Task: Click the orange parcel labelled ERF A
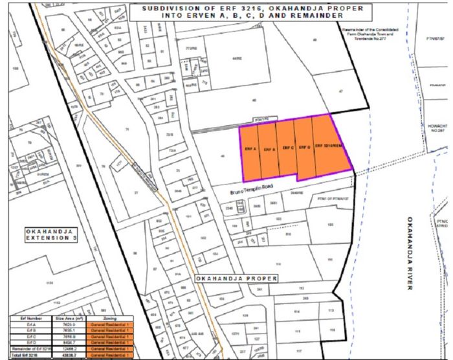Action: pos(249,148)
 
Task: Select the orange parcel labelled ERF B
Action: pos(267,149)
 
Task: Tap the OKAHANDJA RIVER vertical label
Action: pos(408,253)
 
